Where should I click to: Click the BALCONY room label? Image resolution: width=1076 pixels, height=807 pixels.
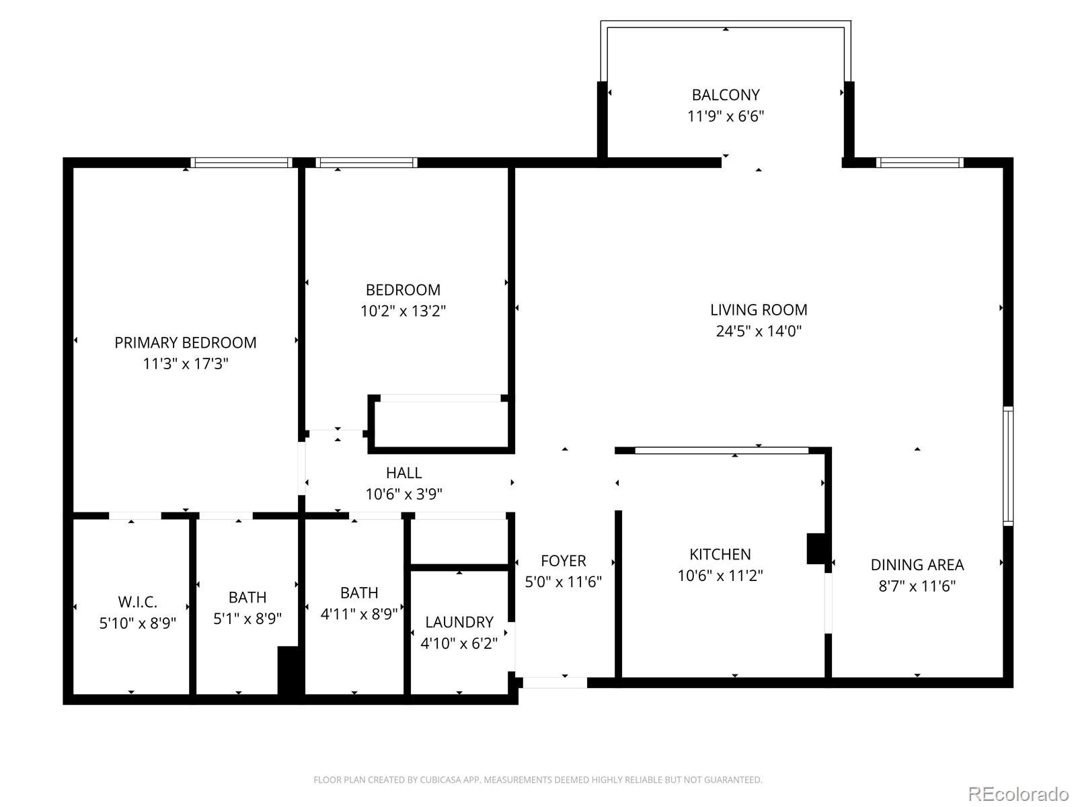[726, 95]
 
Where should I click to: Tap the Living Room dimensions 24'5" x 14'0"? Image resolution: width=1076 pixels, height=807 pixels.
[759, 332]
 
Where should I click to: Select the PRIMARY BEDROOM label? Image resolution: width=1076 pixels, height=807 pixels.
[186, 342]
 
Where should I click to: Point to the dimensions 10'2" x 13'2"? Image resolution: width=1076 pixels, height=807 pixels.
[403, 311]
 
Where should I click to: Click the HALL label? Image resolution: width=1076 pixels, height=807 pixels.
[403, 473]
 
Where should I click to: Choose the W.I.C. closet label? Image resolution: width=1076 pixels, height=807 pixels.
[137, 602]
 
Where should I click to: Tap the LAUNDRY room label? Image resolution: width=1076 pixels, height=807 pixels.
[459, 622]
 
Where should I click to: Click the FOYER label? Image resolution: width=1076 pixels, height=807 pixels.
[564, 561]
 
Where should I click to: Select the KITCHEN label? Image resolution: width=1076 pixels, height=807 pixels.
[720, 554]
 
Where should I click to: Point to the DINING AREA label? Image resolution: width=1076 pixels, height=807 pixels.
[917, 565]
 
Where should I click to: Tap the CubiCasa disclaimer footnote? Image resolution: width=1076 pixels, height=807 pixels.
[538, 779]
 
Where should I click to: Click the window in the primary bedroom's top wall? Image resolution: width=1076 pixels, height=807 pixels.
[241, 163]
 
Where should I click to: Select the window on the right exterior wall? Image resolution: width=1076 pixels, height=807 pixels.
[1008, 466]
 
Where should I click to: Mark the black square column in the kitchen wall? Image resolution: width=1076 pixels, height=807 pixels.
[816, 549]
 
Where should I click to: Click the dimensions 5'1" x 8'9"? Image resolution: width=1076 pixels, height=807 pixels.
[247, 619]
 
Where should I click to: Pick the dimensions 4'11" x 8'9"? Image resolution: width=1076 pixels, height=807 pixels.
[359, 614]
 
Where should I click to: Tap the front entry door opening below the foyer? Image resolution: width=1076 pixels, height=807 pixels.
[555, 683]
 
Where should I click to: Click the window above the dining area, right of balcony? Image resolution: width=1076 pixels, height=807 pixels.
[919, 163]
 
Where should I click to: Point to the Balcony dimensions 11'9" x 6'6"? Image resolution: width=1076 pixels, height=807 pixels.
[726, 116]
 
